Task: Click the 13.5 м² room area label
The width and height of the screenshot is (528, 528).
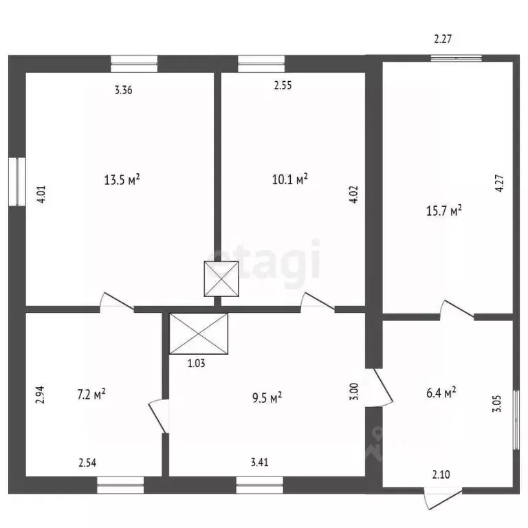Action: [x=122, y=180]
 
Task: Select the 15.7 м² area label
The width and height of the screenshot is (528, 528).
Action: [x=444, y=211]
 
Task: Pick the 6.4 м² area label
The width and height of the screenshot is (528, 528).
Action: [x=441, y=393]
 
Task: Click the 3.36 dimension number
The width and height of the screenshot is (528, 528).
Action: [x=123, y=89]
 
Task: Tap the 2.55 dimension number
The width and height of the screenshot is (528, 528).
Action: [x=283, y=86]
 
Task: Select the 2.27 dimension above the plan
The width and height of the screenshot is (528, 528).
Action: [x=442, y=39]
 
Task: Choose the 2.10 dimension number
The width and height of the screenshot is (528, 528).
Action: [x=441, y=474]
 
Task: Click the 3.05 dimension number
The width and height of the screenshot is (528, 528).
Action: [x=496, y=401]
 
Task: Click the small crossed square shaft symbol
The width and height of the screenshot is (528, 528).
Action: [x=220, y=279]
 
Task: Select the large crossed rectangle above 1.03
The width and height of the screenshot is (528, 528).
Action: [x=198, y=333]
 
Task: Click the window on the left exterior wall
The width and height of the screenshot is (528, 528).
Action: [x=16, y=181]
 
